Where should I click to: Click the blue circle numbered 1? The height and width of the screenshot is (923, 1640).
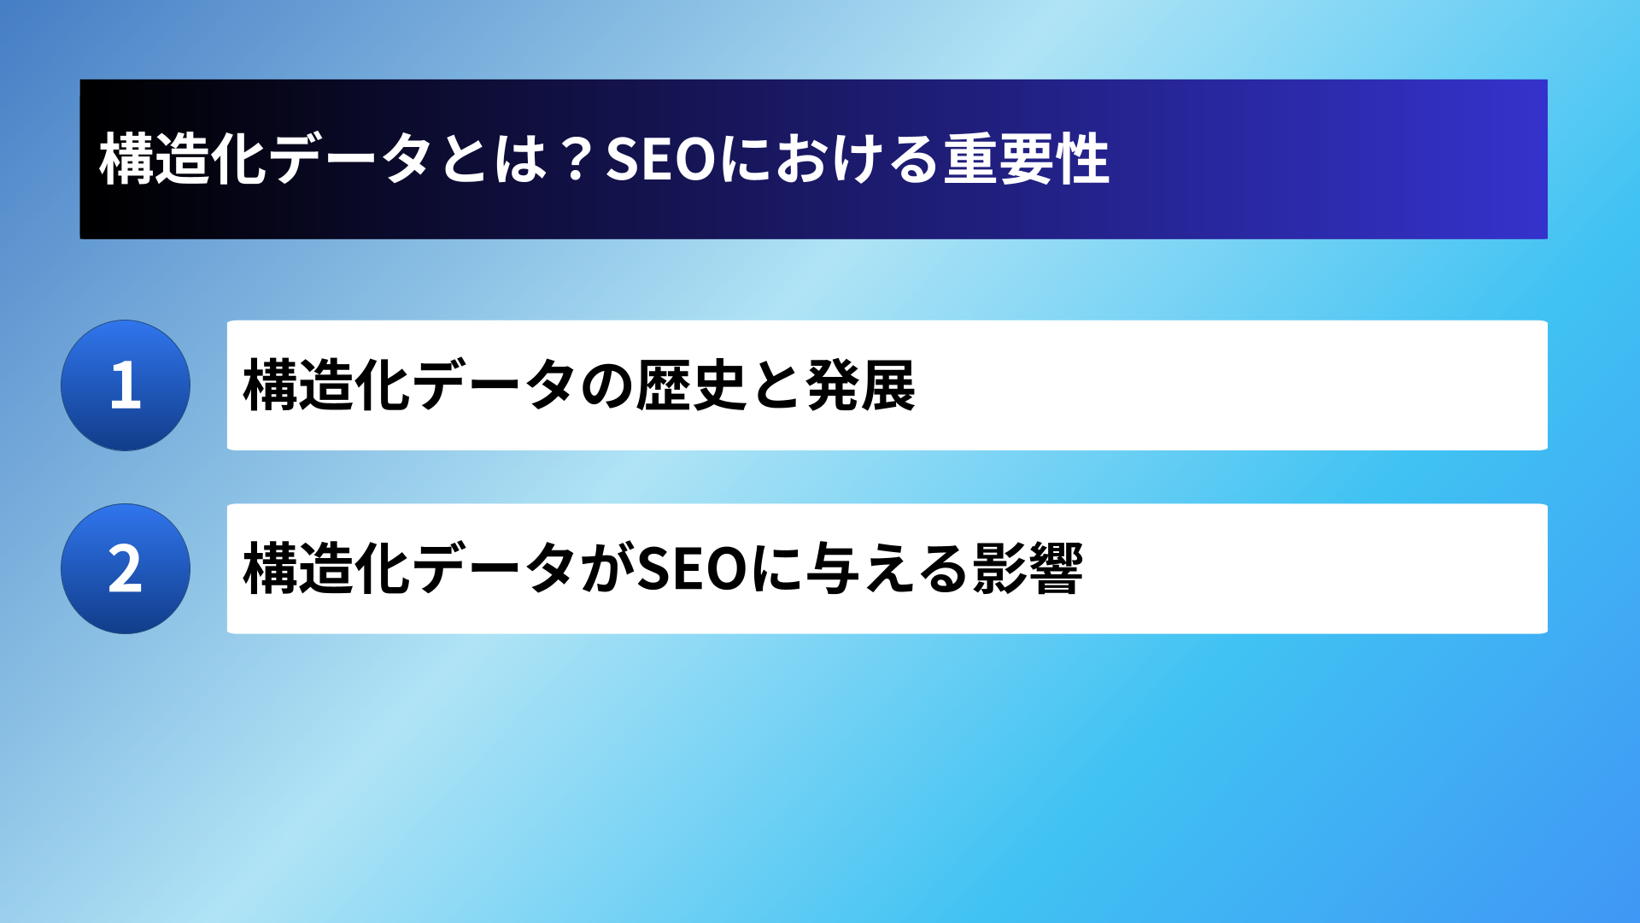pos(126,385)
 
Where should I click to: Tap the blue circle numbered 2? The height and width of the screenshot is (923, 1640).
pos(126,569)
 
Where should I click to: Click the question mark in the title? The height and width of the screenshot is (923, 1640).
pos(577,159)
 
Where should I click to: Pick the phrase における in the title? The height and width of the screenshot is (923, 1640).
pos(830,159)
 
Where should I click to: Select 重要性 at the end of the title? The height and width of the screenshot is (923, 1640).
pos(1027,159)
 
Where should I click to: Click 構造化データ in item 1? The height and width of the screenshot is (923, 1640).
pos(409,385)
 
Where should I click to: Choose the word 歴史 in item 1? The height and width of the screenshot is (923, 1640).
pos(691,385)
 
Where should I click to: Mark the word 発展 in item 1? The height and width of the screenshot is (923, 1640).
pos(860,385)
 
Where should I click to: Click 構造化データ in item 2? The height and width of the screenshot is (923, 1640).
pos(409,568)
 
